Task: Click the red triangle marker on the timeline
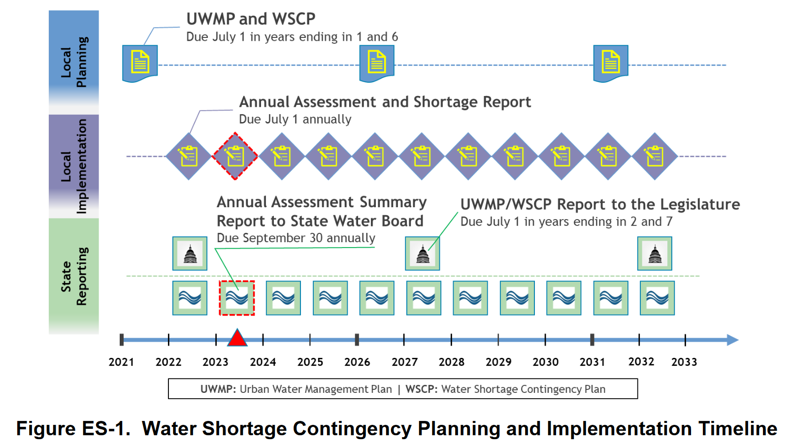click(237, 338)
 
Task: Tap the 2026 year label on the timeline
click(357, 362)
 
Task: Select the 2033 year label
click(684, 362)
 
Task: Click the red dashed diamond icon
click(235, 156)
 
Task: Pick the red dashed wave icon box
click(237, 298)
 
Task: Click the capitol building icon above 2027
click(423, 254)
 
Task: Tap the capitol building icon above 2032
click(655, 254)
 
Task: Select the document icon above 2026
click(377, 64)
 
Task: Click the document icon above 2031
click(611, 64)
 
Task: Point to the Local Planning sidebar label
click(74, 62)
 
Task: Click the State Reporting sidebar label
click(74, 276)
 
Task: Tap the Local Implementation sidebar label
click(74, 166)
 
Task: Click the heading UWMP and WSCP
click(251, 19)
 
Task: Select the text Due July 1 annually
click(295, 119)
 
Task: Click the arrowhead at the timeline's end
click(733, 340)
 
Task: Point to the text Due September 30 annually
click(296, 238)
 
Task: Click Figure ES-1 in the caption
click(73, 428)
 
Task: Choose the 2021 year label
click(121, 362)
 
